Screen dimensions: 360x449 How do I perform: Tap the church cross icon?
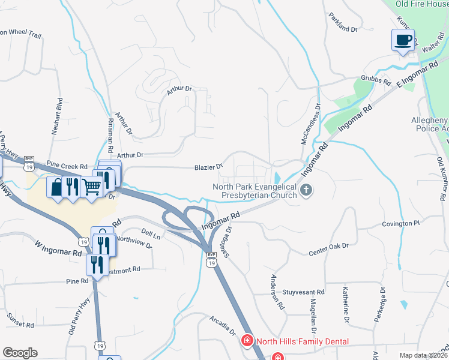[x=306, y=191]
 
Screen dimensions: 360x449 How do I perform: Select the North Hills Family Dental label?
[x=303, y=341]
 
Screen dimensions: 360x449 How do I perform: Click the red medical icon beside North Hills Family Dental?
[x=247, y=341]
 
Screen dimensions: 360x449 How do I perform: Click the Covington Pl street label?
[x=400, y=223]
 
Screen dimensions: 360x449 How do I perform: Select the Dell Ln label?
[x=151, y=233]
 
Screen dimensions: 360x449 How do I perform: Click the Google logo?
[x=20, y=353]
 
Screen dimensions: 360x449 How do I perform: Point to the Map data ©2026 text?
[x=424, y=355]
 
